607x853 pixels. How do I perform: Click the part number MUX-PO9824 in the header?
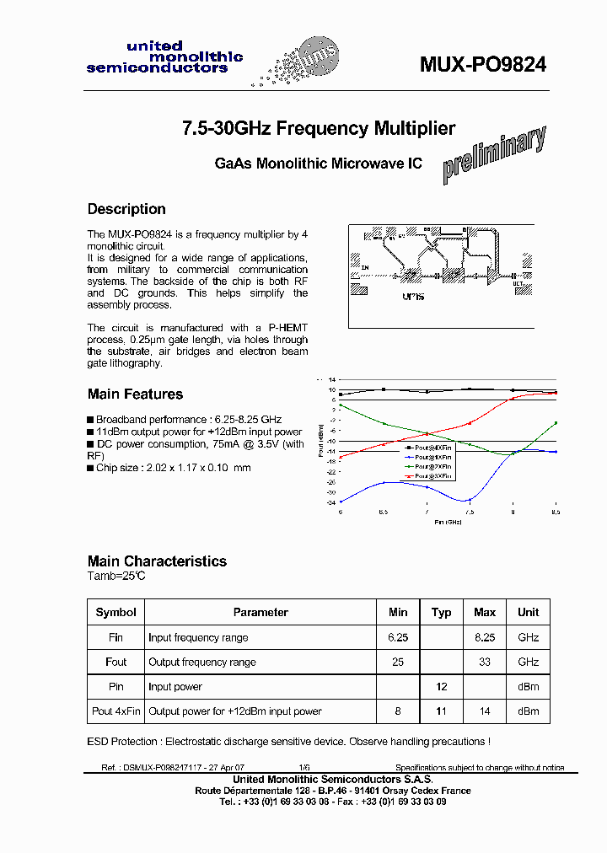(483, 65)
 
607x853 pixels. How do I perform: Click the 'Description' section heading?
(126, 209)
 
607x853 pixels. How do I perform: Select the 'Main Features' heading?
(135, 394)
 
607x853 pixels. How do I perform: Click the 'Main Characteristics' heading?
(157, 561)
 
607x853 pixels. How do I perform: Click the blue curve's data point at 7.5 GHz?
(470, 500)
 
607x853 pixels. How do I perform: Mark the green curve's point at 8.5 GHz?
(556, 422)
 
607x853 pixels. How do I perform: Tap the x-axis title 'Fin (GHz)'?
(449, 522)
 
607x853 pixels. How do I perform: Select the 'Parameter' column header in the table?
(261, 613)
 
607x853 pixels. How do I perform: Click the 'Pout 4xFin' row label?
(116, 711)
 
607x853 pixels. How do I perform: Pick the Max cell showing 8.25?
(485, 638)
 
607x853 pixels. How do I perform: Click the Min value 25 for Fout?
(398, 663)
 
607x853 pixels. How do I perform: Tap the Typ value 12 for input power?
(441, 687)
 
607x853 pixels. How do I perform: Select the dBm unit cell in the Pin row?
(529, 687)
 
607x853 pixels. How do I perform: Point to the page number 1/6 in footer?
(304, 768)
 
